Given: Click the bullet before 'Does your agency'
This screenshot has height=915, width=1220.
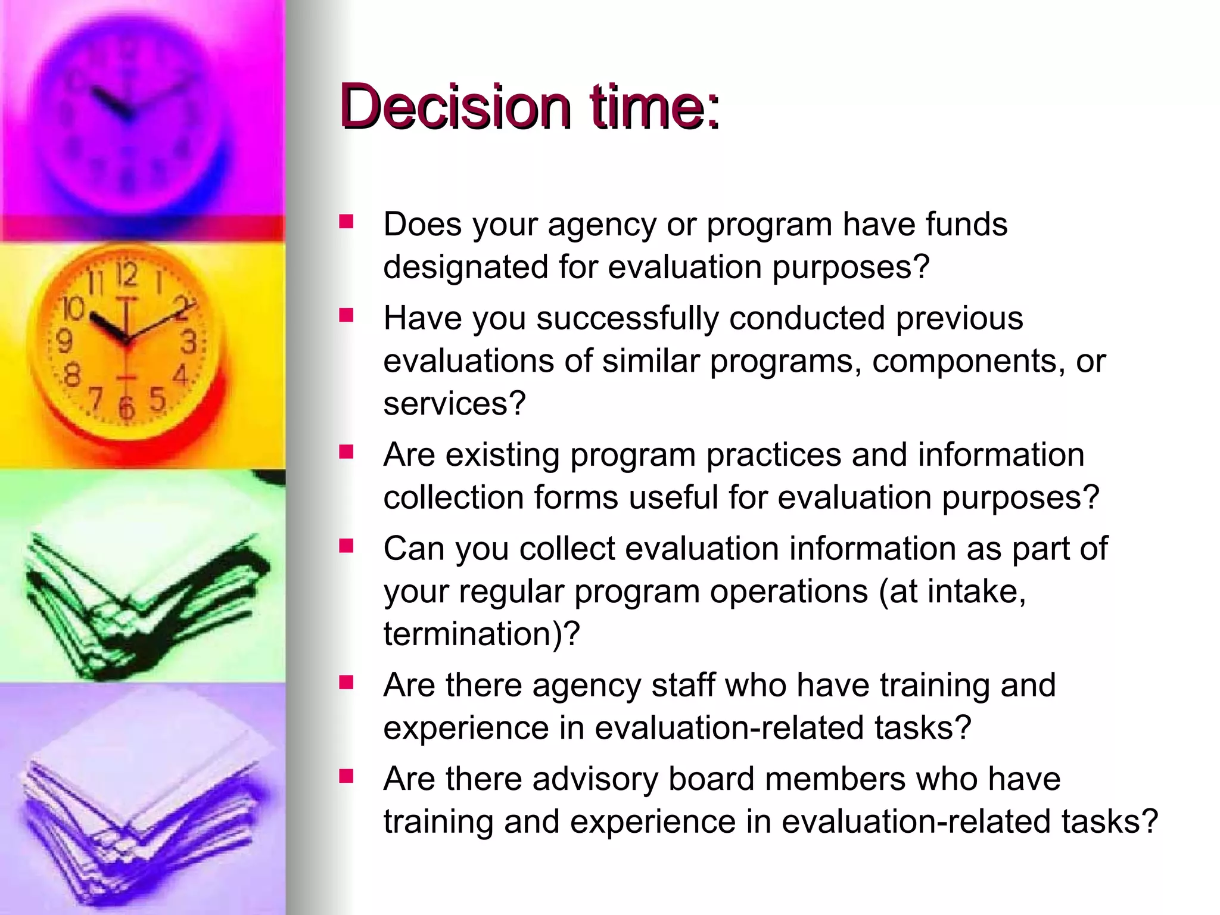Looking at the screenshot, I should point(346,223).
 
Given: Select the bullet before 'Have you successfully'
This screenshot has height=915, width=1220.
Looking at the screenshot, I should point(346,316).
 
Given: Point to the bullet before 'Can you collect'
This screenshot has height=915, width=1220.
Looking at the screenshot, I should point(346,546).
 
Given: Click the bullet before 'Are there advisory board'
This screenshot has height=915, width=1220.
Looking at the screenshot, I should point(346,777).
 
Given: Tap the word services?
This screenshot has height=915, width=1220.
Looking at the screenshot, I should point(455,403).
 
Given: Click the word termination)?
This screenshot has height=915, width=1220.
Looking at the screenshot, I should point(481,634).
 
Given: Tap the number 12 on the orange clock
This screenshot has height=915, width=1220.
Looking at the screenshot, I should point(126,276).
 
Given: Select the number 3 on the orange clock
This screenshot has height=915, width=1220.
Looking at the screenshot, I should point(189,343).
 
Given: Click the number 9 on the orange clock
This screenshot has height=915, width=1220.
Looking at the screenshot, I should point(64,341).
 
